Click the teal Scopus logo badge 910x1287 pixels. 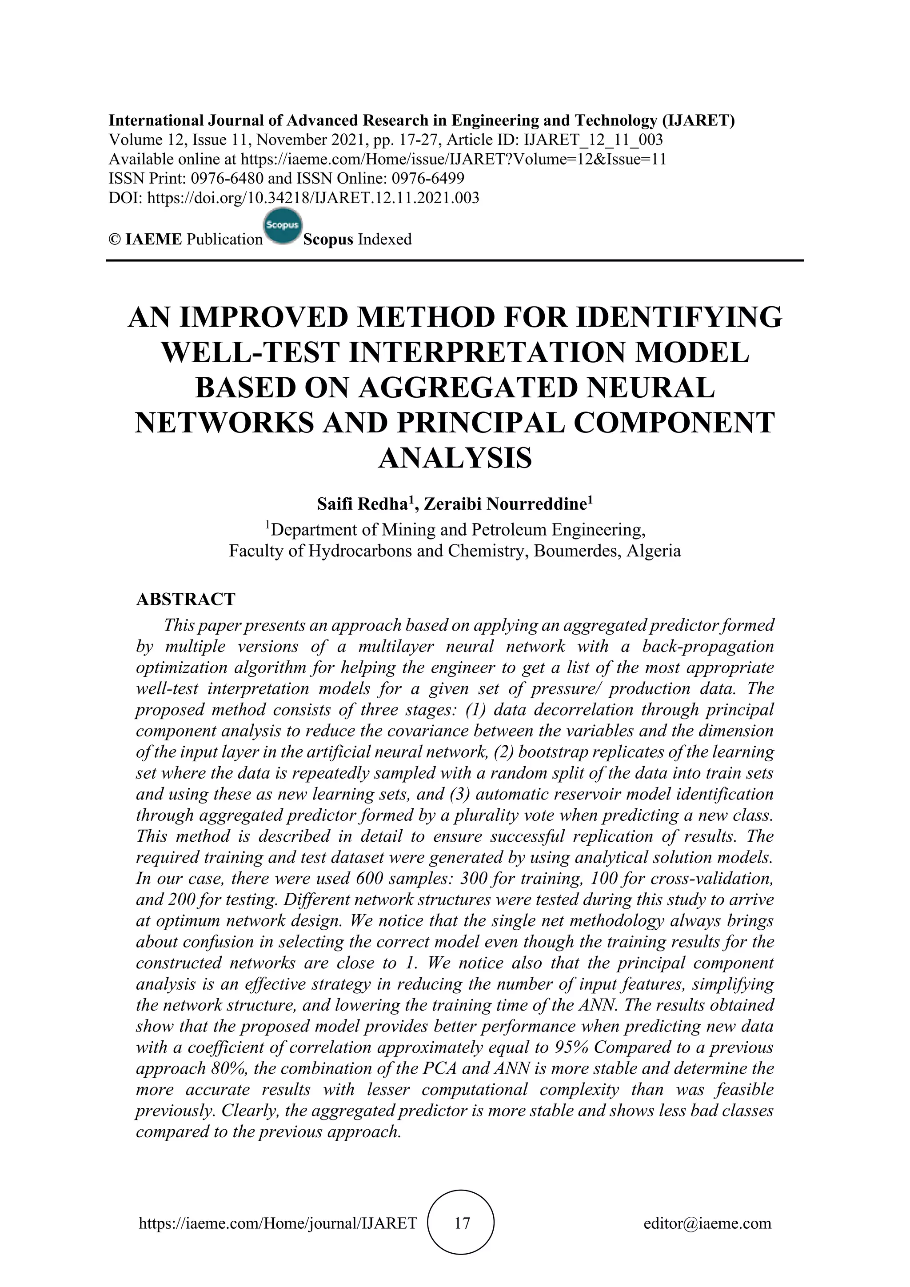[283, 227]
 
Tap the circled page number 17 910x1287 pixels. [462, 1223]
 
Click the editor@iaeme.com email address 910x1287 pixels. [707, 1223]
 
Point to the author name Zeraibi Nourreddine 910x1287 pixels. [505, 504]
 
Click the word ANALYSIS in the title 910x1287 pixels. [455, 458]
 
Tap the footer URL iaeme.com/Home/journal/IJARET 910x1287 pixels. [277, 1223]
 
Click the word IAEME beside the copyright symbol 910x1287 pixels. [154, 240]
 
